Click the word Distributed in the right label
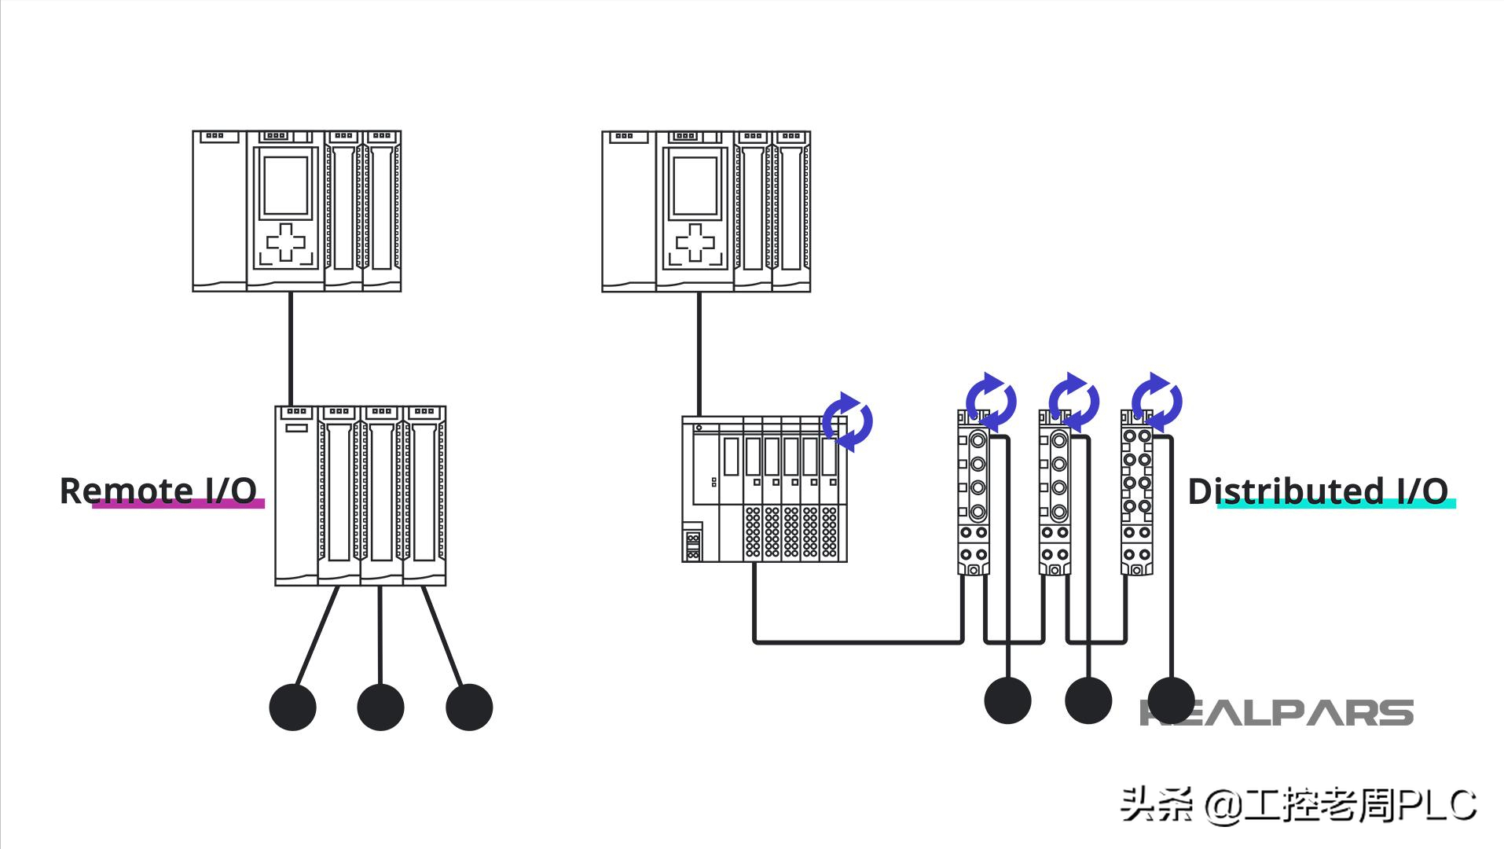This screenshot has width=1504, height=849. [x=1286, y=491]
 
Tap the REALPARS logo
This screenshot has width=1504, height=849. [x=1276, y=712]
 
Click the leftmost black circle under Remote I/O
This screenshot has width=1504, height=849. [x=292, y=707]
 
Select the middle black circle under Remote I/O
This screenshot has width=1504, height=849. [x=380, y=707]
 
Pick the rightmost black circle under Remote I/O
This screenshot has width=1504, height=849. [x=469, y=707]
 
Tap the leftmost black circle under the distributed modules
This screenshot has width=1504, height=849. [x=1007, y=700]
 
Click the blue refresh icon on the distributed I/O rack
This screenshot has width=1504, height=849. [x=847, y=421]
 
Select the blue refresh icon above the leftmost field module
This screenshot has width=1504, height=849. [x=991, y=402]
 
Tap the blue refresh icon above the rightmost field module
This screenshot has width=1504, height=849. [x=1156, y=402]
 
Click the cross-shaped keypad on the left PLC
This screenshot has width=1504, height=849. [x=286, y=241]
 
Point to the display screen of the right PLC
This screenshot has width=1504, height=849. [x=695, y=186]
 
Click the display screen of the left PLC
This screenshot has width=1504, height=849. [x=286, y=186]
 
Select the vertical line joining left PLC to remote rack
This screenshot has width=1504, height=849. [x=290, y=349]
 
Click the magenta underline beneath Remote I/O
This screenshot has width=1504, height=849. [x=178, y=504]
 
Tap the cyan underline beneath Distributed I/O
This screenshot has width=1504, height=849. [x=1336, y=504]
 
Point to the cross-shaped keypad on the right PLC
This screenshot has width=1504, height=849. [x=695, y=241]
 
